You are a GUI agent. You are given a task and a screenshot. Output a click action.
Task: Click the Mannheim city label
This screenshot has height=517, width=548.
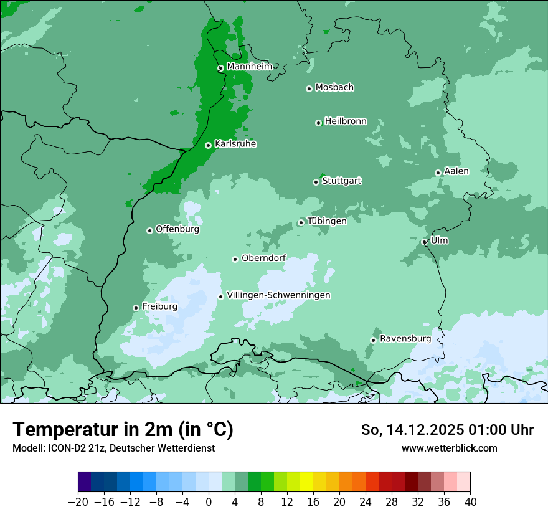(x=249, y=67)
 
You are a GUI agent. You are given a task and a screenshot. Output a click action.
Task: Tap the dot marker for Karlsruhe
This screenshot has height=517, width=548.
(x=208, y=145)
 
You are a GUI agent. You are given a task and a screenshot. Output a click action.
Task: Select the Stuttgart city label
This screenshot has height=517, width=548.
(x=341, y=181)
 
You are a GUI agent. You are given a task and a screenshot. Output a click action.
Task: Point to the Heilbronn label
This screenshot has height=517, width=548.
(x=346, y=121)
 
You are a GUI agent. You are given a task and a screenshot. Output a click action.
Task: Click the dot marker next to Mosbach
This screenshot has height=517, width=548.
(x=309, y=88)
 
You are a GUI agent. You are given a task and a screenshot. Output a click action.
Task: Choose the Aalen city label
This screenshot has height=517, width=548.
(x=456, y=171)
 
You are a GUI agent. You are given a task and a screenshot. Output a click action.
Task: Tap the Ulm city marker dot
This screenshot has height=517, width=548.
(x=425, y=242)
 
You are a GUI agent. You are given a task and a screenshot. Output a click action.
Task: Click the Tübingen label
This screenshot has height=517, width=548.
(x=327, y=221)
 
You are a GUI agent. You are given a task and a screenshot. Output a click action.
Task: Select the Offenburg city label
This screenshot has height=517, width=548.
(x=177, y=229)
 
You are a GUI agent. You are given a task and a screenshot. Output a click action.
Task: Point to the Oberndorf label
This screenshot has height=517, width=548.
(x=263, y=258)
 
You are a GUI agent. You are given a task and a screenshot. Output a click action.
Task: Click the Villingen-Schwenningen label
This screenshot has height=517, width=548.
(x=278, y=295)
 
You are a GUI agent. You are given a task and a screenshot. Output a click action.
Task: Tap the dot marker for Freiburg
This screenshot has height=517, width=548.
(x=136, y=308)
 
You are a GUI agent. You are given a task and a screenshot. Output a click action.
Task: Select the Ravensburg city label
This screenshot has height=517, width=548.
(x=405, y=339)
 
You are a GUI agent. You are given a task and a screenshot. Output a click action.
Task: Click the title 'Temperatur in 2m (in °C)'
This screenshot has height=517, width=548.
(x=123, y=430)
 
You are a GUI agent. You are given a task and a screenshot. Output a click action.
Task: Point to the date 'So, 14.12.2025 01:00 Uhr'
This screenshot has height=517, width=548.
(x=447, y=430)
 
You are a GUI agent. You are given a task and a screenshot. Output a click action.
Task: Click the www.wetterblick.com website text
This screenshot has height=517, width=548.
(x=449, y=448)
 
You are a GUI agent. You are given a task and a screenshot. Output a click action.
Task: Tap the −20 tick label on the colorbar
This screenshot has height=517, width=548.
(x=78, y=502)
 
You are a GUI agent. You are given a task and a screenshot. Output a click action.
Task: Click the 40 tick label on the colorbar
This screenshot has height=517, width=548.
(x=470, y=502)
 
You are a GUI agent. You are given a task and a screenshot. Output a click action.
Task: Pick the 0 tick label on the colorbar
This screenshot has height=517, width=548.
(x=209, y=502)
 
